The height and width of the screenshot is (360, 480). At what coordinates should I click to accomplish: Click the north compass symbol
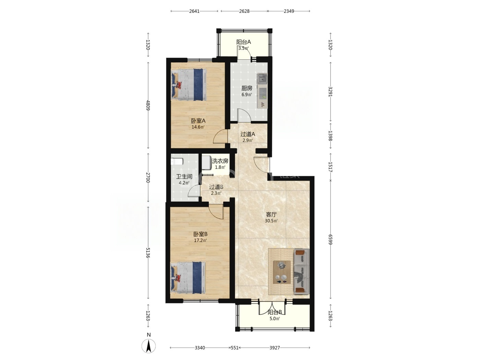point(148,346)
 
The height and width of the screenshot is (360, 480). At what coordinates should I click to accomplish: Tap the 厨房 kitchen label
point(247,88)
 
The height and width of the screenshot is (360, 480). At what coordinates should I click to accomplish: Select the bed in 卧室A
point(189,85)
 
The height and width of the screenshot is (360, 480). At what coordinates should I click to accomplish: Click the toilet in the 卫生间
point(177,161)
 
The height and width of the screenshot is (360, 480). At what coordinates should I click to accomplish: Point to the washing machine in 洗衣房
point(206,163)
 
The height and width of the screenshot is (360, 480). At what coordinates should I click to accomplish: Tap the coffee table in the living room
point(282,272)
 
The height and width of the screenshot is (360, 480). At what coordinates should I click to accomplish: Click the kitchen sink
point(262,79)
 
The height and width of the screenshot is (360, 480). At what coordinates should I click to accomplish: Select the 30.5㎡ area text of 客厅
point(271,221)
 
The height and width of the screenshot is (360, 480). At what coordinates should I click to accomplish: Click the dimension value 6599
point(330,240)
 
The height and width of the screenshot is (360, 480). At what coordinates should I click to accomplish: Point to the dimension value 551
point(235,348)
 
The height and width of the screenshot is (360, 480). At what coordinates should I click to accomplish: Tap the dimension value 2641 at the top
point(194,11)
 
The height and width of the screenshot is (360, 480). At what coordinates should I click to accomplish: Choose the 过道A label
point(248,134)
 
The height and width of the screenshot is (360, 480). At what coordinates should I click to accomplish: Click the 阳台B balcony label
point(275,312)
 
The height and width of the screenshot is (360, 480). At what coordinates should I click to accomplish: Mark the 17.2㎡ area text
point(201,240)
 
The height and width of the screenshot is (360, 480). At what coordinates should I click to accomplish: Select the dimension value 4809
point(148,105)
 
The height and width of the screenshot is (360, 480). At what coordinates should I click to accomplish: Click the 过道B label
point(216,187)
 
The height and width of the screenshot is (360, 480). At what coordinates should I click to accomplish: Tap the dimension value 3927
point(274,348)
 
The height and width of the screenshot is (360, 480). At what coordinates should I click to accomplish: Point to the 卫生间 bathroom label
point(184,176)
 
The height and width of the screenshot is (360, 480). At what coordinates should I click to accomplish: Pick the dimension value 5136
point(148,253)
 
